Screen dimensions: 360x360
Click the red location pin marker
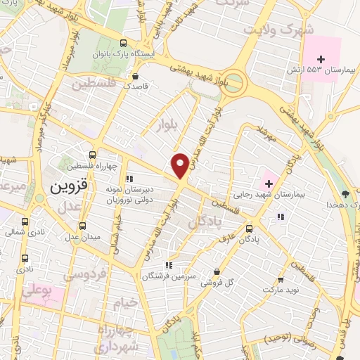click(x=180, y=165)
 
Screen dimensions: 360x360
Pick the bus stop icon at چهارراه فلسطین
click(x=94, y=155)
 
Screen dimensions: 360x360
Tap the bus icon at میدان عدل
click(x=83, y=226)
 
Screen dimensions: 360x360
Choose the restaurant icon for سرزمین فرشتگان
click(x=168, y=265)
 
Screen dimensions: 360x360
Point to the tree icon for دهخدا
click(x=344, y=193)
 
